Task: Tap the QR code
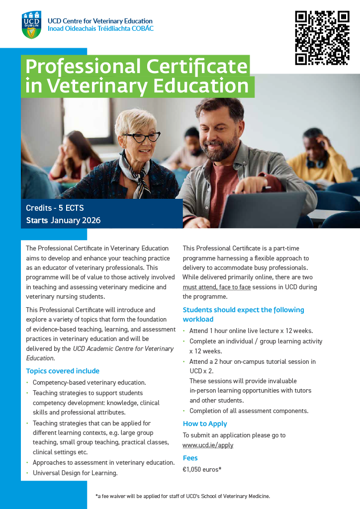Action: tap(322, 38)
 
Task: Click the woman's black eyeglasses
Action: tap(143, 137)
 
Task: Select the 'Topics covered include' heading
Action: tap(63, 371)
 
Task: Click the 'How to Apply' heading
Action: tap(205, 424)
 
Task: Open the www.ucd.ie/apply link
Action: tap(208, 445)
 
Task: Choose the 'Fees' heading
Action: tap(190, 458)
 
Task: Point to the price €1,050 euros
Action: tap(202, 469)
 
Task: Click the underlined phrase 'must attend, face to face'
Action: tap(217, 287)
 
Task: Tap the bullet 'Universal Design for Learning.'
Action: tap(75, 473)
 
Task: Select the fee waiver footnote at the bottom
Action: tap(182, 496)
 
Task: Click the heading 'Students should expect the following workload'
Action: tap(243, 314)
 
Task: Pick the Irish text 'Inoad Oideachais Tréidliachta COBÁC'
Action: tap(100, 29)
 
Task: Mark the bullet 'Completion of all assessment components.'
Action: tap(249, 411)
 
